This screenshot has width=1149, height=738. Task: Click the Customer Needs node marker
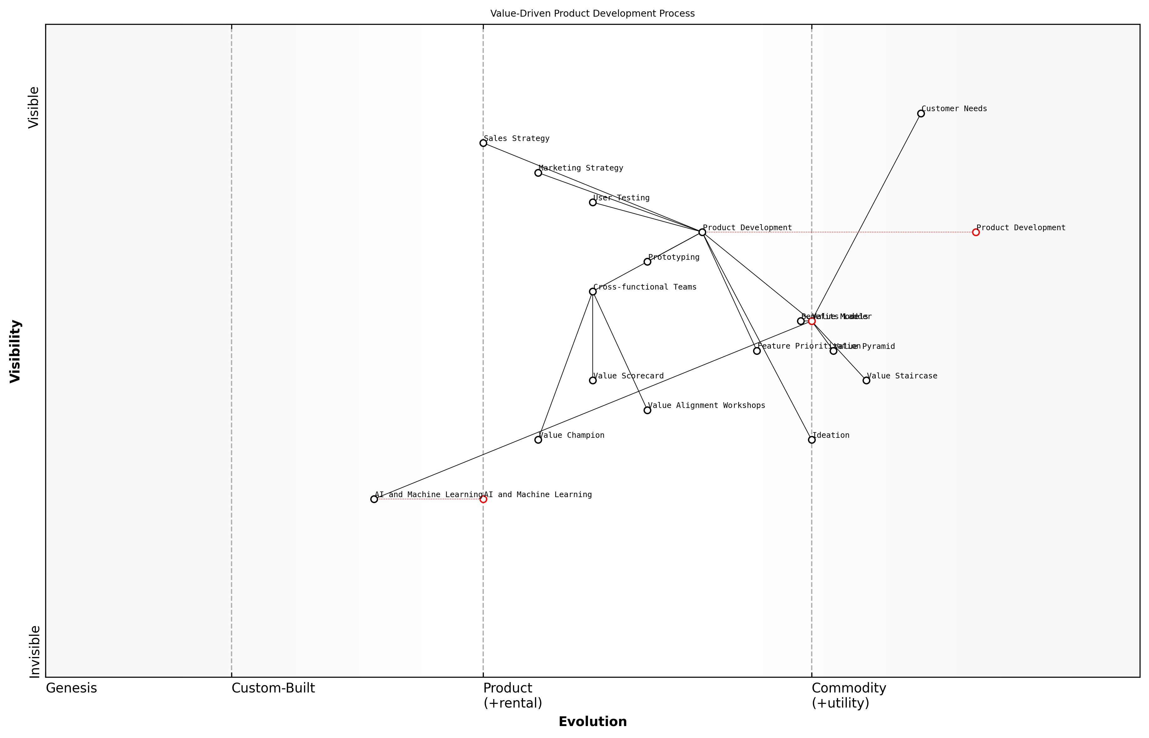click(921, 114)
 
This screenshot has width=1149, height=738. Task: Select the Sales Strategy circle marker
click(483, 143)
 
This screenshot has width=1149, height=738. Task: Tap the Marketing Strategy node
click(538, 172)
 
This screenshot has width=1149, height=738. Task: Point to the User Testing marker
click(593, 202)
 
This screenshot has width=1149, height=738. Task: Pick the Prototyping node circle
click(647, 262)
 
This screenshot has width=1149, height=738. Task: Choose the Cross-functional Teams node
click(593, 291)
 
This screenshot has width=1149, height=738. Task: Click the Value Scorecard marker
click(593, 381)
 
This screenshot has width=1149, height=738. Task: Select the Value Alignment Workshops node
click(647, 410)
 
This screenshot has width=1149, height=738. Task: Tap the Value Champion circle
click(538, 439)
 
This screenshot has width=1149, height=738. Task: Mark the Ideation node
click(811, 439)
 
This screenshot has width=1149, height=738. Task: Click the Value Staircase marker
click(866, 381)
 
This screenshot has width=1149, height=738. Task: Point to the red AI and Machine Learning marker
click(483, 499)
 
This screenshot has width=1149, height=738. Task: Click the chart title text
click(592, 14)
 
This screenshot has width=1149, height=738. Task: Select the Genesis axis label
click(71, 688)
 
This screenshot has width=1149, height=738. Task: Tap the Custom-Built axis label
click(273, 688)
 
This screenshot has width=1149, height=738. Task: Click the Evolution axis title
click(592, 722)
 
